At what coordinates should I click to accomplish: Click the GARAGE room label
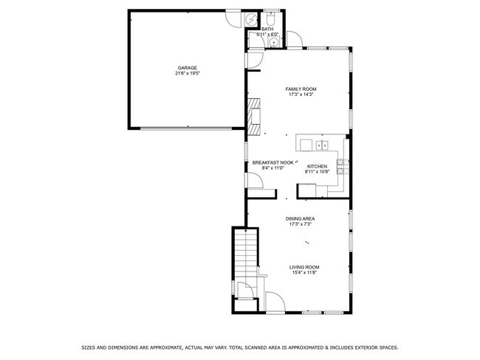tap(186, 68)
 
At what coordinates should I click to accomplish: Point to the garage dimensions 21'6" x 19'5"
tap(186, 74)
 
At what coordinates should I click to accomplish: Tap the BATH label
tap(267, 30)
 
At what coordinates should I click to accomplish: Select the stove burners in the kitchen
tap(341, 166)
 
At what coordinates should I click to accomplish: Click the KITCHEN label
tap(318, 166)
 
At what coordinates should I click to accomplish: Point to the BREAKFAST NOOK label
tap(273, 162)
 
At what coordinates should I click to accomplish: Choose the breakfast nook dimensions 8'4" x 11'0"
tap(273, 168)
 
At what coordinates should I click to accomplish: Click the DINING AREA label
tap(301, 218)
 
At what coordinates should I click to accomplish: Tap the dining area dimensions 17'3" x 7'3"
tap(301, 224)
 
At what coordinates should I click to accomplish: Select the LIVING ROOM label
tap(304, 267)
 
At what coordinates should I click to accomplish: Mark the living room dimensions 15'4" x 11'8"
tap(304, 273)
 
